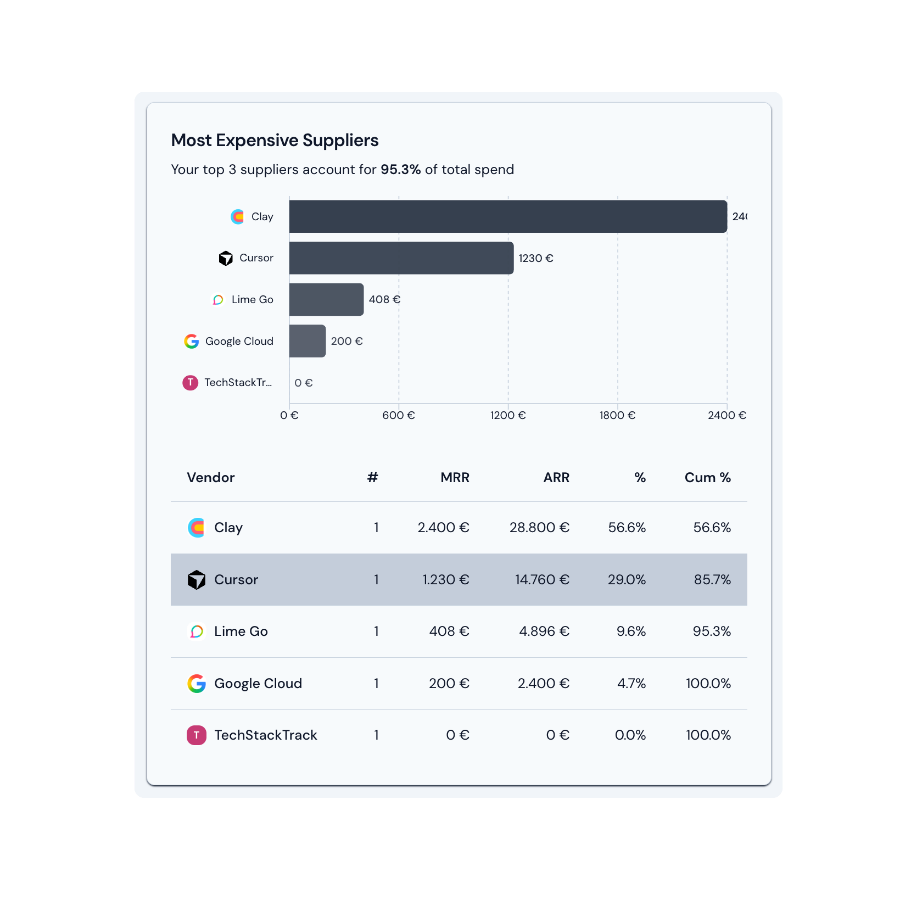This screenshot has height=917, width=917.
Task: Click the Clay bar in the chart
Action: pos(508,216)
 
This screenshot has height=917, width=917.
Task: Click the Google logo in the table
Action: pos(196,683)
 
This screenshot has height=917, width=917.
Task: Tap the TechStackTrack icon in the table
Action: pos(196,735)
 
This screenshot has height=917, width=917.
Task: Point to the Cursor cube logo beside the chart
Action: pos(226,258)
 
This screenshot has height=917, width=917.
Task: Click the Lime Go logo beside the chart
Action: pos(218,299)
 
